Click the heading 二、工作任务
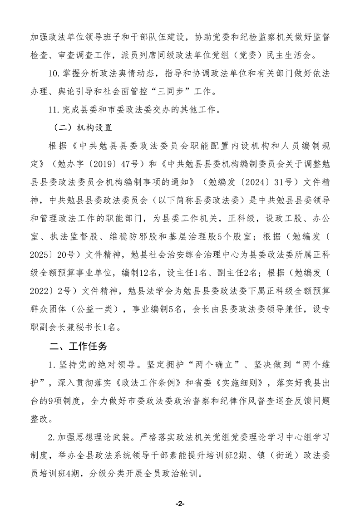coord(79,347)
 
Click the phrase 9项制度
coord(70,401)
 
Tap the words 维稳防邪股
coord(125,233)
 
